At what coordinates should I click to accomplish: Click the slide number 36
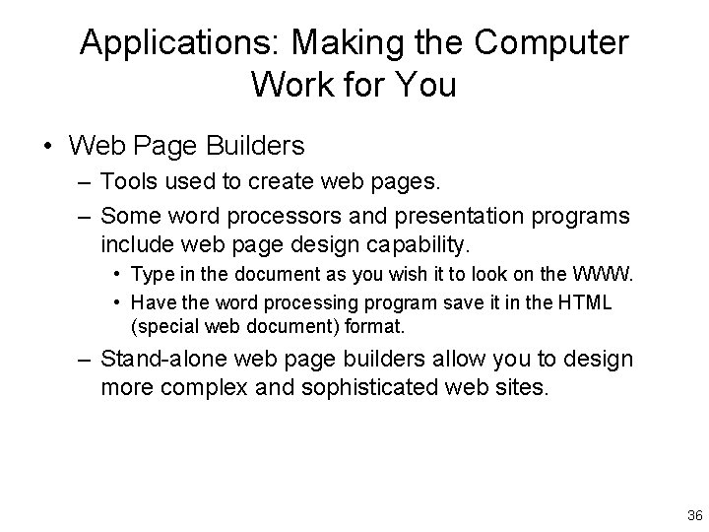point(694,515)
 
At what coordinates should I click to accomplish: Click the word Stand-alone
point(166,360)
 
